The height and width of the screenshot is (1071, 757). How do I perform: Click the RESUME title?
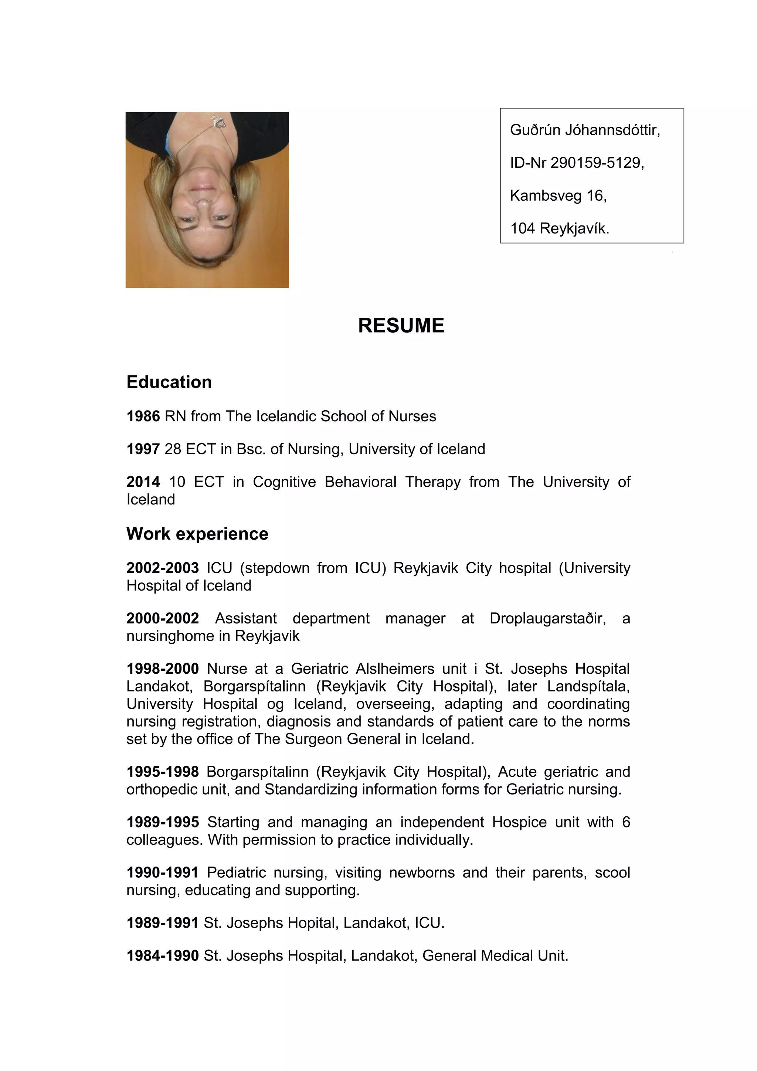tap(401, 326)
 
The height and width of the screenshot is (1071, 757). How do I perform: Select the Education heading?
tap(169, 382)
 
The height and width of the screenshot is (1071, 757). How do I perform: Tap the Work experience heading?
tap(197, 534)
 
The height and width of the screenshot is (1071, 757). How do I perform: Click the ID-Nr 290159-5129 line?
tap(577, 163)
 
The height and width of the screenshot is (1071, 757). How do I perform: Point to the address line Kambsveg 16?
tap(558, 195)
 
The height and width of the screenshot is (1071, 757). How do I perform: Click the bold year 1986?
tap(143, 416)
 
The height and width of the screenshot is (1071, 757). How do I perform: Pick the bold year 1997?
tap(143, 449)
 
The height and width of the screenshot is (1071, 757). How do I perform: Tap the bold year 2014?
tap(143, 482)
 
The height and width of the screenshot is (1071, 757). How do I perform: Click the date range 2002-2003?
tap(162, 568)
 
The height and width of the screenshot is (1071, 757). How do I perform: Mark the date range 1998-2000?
tap(162, 669)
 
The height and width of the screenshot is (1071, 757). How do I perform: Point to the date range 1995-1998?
tap(162, 772)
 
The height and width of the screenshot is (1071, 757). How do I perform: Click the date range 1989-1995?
tap(162, 822)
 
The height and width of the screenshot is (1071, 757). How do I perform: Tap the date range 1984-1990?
tap(162, 955)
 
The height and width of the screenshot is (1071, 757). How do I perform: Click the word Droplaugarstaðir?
tap(547, 619)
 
